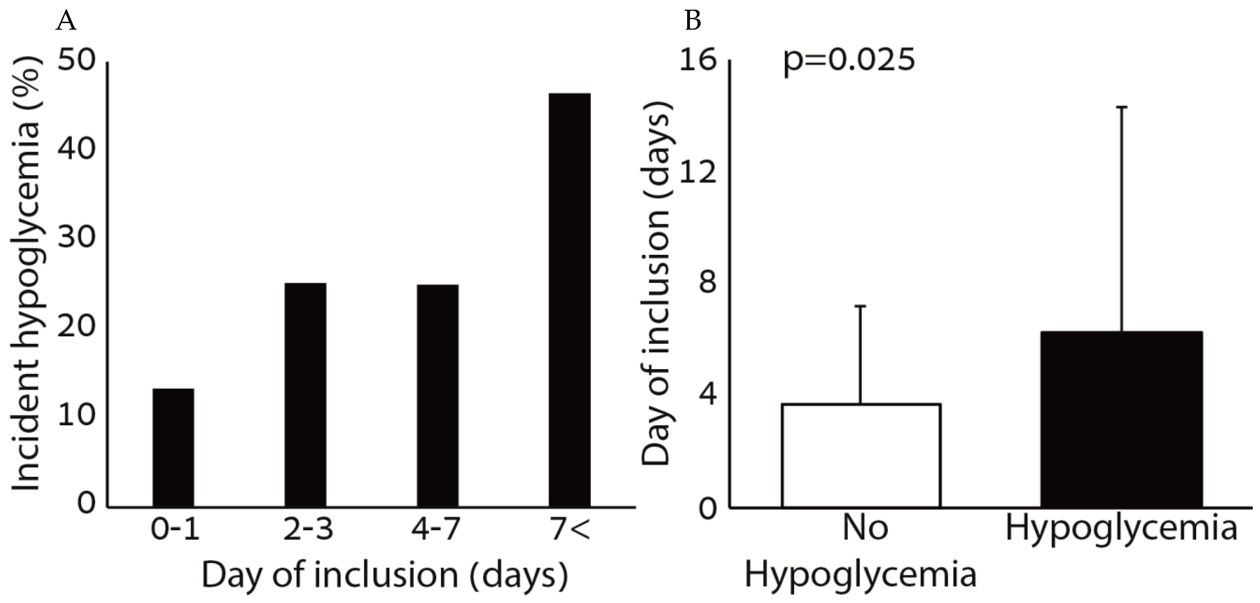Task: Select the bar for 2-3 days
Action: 305,395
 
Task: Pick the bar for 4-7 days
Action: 437,395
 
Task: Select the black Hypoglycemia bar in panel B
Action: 1121,419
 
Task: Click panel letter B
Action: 693,21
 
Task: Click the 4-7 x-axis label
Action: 435,529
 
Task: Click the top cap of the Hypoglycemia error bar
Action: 1121,107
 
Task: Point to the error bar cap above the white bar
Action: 860,306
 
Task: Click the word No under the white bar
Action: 865,529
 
